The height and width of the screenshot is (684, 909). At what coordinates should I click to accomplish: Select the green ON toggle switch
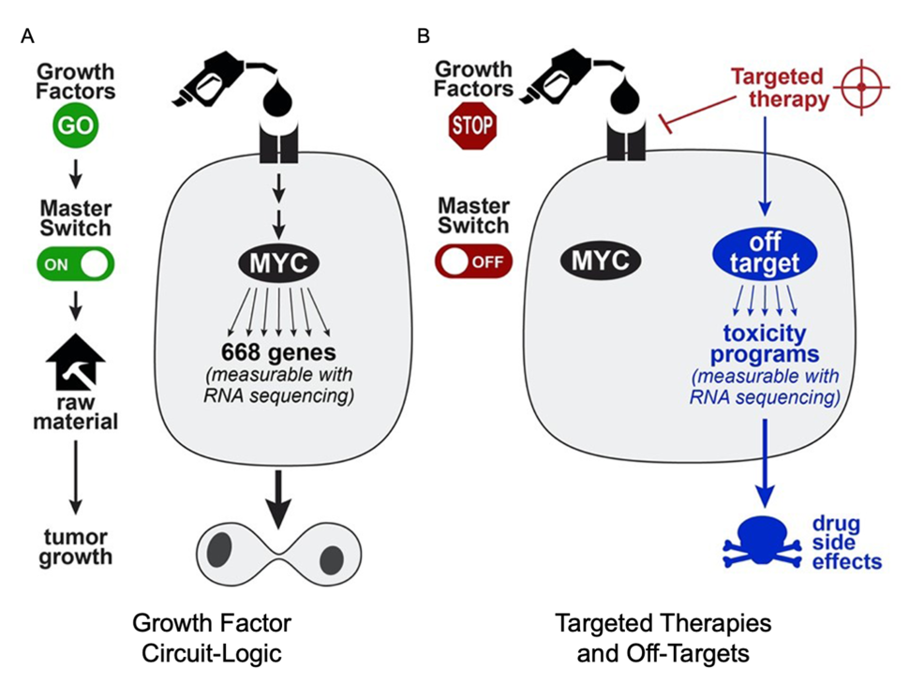click(76, 263)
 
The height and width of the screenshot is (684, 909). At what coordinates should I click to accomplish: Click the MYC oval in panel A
click(276, 258)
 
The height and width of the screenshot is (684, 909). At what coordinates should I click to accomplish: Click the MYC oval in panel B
click(601, 260)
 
